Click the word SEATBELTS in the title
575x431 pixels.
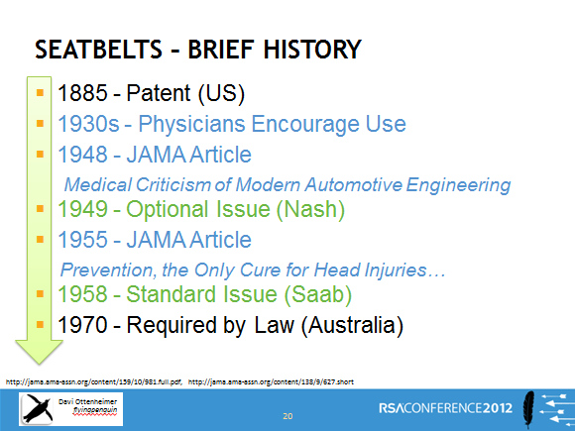click(x=98, y=50)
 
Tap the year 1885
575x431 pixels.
click(x=83, y=93)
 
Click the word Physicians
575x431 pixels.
click(x=191, y=124)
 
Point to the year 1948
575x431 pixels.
click(x=83, y=155)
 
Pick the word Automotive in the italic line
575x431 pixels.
click(x=354, y=184)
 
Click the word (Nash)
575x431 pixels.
click(x=310, y=209)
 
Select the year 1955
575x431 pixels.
click(x=83, y=240)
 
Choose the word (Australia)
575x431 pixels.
click(x=352, y=325)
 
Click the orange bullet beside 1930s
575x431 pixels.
click(x=40, y=123)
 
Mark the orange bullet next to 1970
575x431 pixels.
click(x=40, y=324)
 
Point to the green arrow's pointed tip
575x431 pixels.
click(x=39, y=365)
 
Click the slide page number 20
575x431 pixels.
click(x=287, y=416)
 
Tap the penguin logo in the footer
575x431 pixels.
click(x=37, y=409)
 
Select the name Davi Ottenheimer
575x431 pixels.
click(x=87, y=401)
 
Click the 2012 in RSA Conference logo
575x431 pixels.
click(x=498, y=408)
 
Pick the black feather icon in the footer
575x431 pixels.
click(x=528, y=408)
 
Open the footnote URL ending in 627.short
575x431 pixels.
click(x=271, y=381)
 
